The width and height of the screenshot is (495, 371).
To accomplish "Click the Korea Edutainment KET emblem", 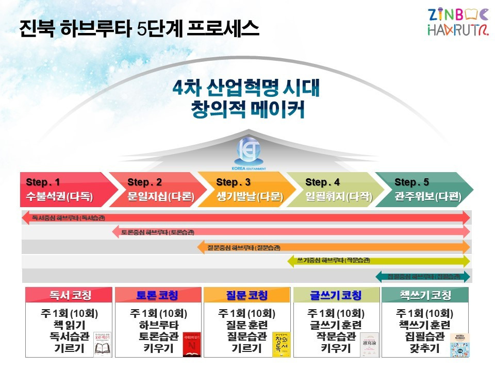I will [250, 151].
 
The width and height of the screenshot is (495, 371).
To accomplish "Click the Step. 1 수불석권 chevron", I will [62, 189].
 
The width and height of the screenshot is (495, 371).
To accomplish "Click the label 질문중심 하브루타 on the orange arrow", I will [243, 247].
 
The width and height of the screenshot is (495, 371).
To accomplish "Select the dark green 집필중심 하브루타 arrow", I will [423, 277].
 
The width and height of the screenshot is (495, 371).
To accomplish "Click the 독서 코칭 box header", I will [70, 295].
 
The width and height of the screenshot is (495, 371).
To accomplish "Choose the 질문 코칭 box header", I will [247, 295].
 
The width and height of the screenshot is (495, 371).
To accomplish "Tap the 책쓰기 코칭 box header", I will [425, 295].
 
